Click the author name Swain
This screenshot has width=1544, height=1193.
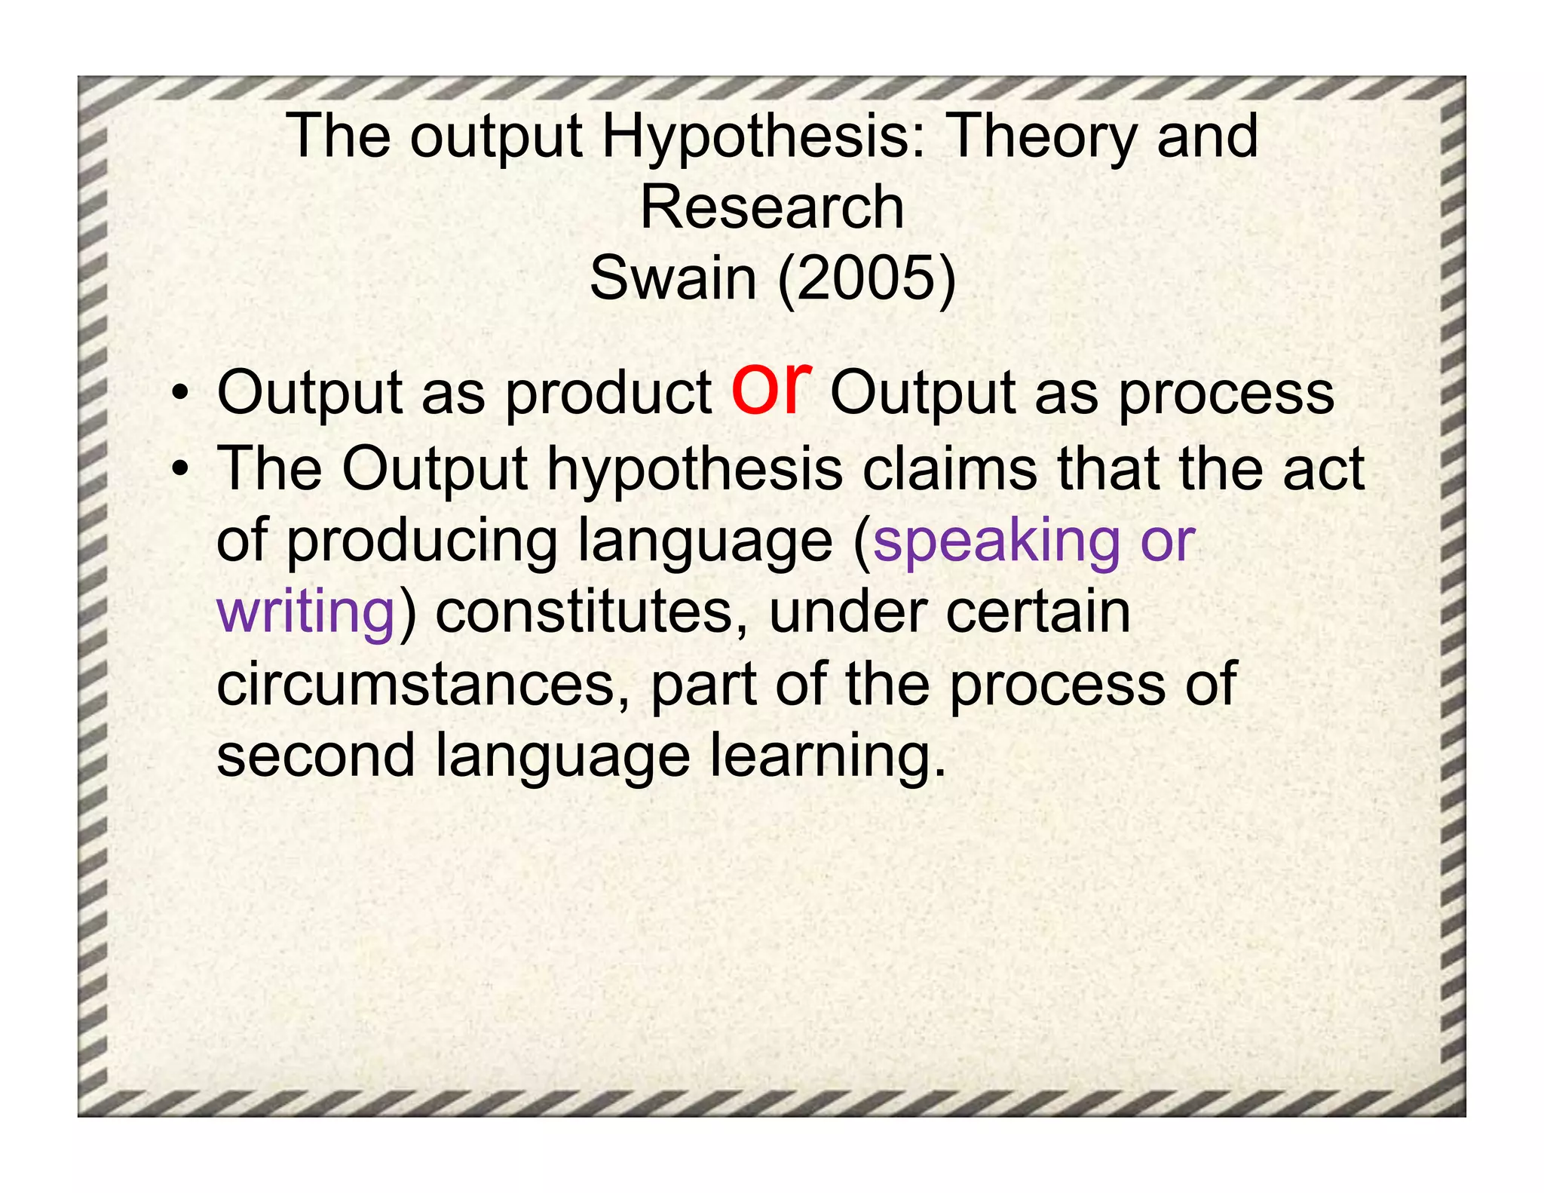(672, 278)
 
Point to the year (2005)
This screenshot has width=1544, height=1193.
(867, 278)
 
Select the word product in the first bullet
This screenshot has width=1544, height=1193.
(608, 394)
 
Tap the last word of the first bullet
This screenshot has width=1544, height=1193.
(1225, 394)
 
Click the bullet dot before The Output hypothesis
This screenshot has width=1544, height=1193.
(179, 471)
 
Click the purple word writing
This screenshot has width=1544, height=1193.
(306, 612)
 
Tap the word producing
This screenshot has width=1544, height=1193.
(422, 541)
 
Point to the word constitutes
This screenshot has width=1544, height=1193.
(584, 612)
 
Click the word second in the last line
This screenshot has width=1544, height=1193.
(315, 755)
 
